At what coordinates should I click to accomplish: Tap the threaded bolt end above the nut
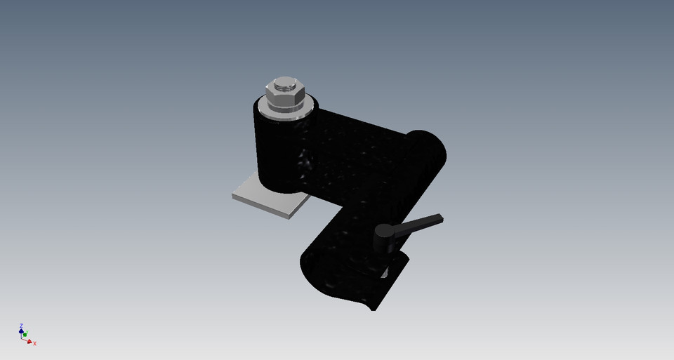tap(284, 86)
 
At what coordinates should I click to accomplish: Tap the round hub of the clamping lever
tap(384, 231)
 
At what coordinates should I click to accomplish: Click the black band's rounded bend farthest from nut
tap(432, 151)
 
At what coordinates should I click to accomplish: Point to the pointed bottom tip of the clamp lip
tap(372, 309)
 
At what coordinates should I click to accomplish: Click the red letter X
tap(34, 344)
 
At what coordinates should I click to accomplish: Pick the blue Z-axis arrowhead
tap(21, 331)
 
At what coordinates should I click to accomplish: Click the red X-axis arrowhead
tap(30, 341)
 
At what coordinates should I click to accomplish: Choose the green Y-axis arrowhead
tap(25, 335)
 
